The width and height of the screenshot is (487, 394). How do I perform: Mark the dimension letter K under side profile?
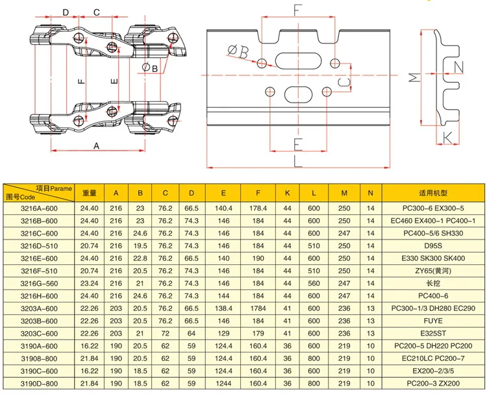448,136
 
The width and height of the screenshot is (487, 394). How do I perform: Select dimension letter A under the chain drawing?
96,146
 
